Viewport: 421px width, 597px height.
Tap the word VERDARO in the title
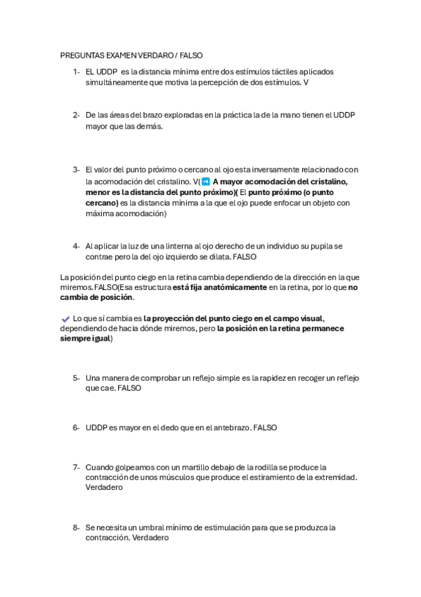click(x=155, y=54)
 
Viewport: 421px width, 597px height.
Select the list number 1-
click(x=76, y=71)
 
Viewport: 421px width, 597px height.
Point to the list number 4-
click(x=76, y=246)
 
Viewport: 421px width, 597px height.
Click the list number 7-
click(x=76, y=467)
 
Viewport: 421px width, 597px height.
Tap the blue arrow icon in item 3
click(x=205, y=181)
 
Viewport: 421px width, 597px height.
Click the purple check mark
click(x=65, y=319)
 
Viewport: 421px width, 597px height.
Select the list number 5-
click(x=76, y=378)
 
